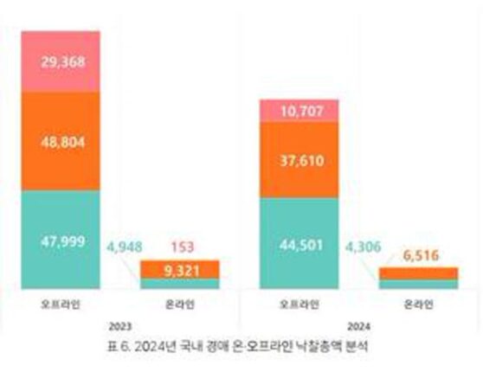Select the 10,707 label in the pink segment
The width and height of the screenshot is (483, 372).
tap(299, 110)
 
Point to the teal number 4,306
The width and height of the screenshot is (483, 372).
tap(361, 246)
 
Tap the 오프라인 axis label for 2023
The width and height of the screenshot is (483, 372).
tap(61, 305)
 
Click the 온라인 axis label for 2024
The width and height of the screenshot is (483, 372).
tap(418, 305)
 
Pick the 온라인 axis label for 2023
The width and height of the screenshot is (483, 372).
tap(180, 305)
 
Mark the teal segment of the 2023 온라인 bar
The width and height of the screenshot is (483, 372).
tap(180, 283)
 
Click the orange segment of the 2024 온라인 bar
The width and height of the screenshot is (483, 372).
tap(418, 273)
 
